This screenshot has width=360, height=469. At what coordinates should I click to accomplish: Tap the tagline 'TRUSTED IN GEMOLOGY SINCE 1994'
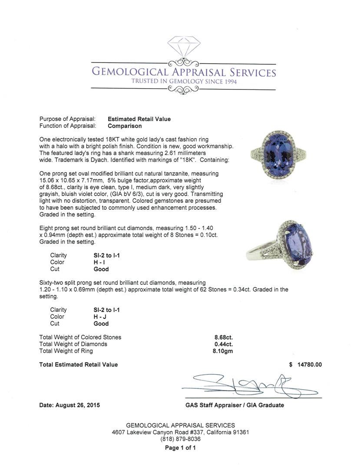pyautogui.click(x=185, y=82)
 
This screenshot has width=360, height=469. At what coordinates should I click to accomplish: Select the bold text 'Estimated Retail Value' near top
pyautogui.click(x=139, y=119)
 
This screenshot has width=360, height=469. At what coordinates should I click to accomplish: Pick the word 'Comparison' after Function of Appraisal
pyautogui.click(x=125, y=126)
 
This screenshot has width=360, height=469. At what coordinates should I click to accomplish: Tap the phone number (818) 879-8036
pyautogui.click(x=180, y=439)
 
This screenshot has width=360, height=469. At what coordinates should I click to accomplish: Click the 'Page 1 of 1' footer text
pyautogui.click(x=180, y=448)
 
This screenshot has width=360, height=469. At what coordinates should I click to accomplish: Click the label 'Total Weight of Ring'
pyautogui.click(x=66, y=351)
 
